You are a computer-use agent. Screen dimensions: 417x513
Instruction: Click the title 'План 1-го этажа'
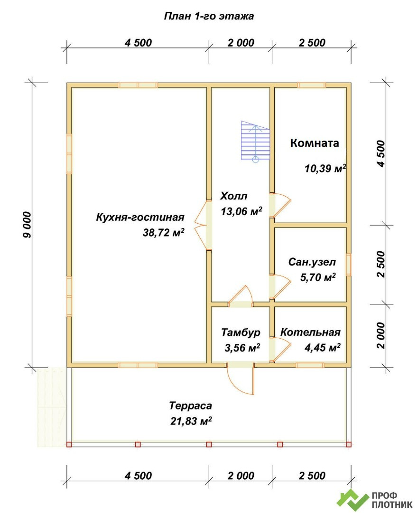[209, 16]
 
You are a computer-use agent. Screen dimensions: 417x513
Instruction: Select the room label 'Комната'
[315, 143]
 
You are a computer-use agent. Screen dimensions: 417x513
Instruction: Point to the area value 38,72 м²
[163, 232]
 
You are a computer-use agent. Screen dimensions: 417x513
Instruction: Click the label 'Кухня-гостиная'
[140, 217]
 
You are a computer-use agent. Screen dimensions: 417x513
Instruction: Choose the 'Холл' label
[234, 196]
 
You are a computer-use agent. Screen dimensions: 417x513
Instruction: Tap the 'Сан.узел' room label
[312, 262]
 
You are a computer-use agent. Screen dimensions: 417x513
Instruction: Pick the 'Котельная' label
[310, 332]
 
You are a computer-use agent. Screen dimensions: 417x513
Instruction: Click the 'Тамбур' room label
[241, 332]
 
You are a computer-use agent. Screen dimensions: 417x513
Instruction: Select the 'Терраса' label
[191, 406]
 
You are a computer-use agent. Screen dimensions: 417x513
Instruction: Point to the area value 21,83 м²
[191, 421]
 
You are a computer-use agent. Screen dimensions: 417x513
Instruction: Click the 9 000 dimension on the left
[28, 225]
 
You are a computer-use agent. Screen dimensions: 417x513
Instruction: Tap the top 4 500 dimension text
[138, 43]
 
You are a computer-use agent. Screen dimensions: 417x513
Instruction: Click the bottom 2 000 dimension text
[241, 475]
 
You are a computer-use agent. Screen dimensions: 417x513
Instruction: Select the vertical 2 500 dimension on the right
[381, 265]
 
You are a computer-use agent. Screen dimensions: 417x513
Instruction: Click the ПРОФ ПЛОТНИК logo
[375, 500]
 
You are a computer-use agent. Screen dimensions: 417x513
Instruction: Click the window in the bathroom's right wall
[349, 265]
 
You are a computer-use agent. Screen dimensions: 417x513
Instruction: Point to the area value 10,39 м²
[325, 169]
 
